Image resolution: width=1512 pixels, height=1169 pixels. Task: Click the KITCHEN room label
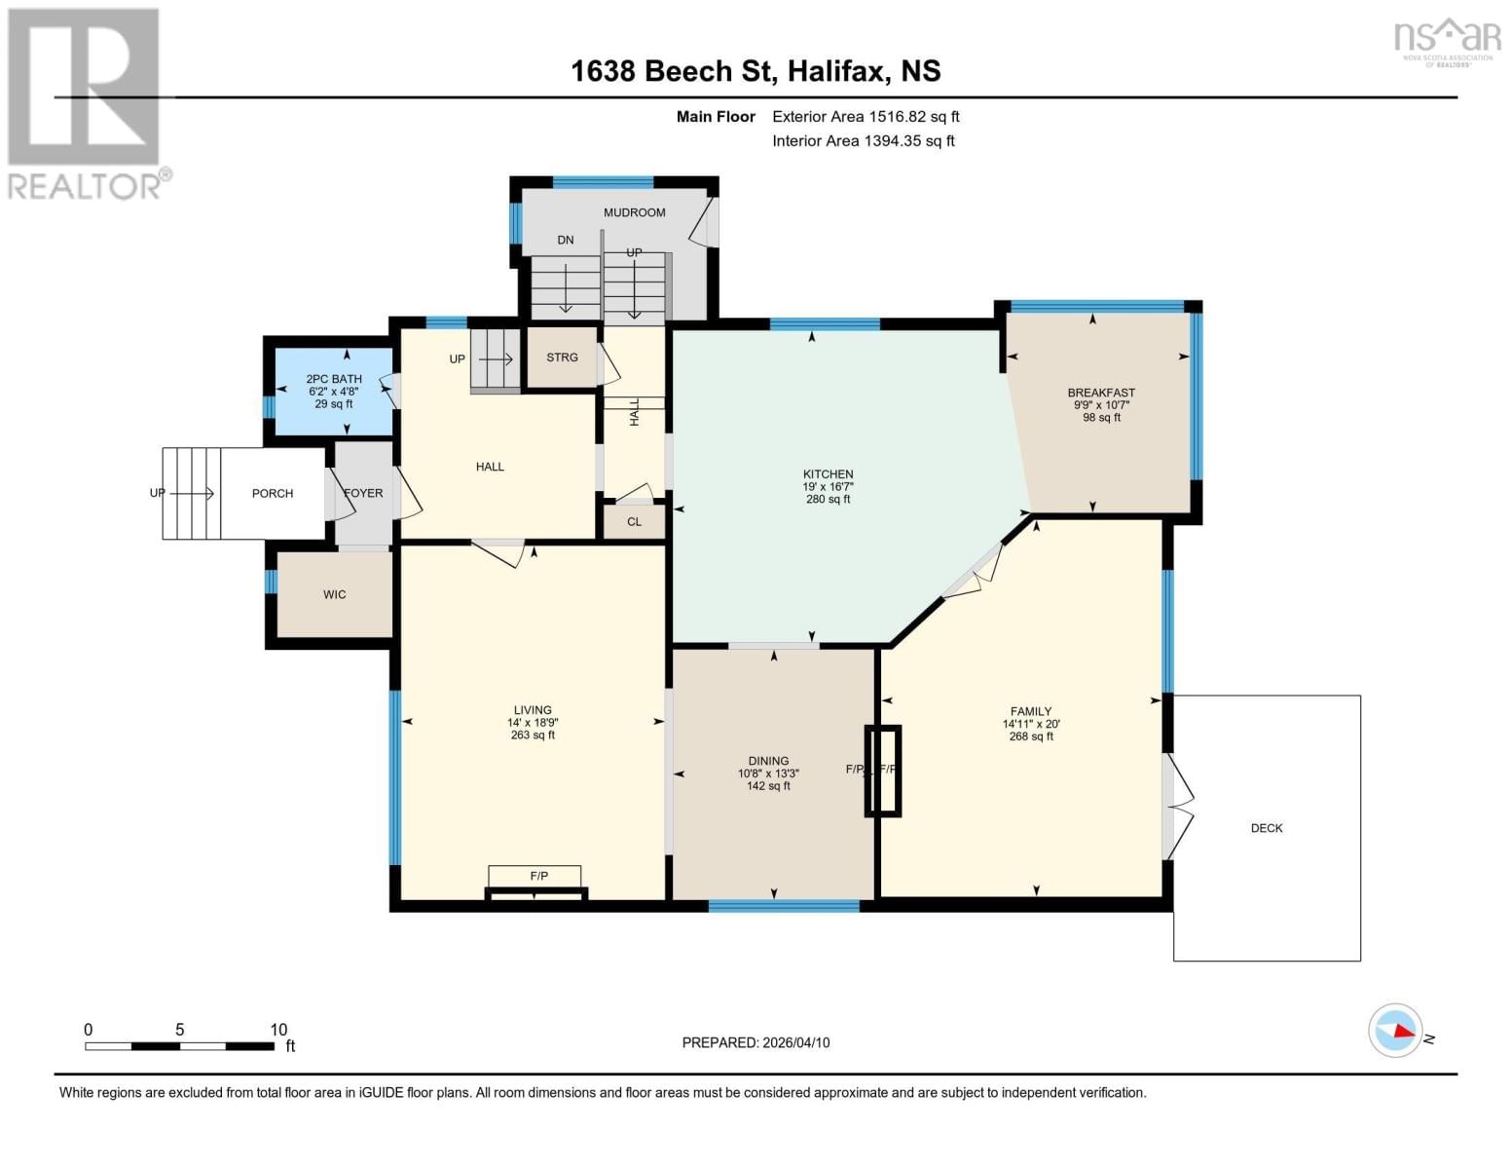click(x=828, y=474)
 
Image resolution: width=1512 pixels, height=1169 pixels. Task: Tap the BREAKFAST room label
click(x=1101, y=393)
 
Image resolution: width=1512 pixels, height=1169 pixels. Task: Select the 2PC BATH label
click(x=334, y=379)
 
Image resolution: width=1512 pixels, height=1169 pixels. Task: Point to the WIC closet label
click(x=334, y=594)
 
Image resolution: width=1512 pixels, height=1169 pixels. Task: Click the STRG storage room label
click(x=562, y=358)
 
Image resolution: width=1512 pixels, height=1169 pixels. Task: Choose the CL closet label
click(x=634, y=522)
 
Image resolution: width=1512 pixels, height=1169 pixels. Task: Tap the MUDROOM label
click(x=634, y=212)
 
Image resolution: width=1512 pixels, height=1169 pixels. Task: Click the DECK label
click(x=1266, y=828)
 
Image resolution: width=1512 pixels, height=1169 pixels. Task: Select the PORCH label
click(x=273, y=494)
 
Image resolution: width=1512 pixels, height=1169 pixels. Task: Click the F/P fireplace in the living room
click(x=538, y=877)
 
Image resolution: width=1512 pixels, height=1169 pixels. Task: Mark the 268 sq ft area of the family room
click(x=1031, y=736)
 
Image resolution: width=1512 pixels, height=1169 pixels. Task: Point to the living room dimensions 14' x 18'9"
click(x=533, y=723)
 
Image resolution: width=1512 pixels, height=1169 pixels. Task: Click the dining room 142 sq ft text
click(x=768, y=786)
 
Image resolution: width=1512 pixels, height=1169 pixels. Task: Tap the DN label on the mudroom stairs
click(x=566, y=240)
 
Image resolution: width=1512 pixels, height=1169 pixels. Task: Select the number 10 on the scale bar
click(x=278, y=1030)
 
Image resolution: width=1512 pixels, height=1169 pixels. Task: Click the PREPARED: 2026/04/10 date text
click(x=756, y=1042)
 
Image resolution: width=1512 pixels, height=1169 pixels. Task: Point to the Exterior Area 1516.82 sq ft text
click(x=866, y=116)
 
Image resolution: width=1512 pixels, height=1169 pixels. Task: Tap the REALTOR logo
click(x=86, y=103)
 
